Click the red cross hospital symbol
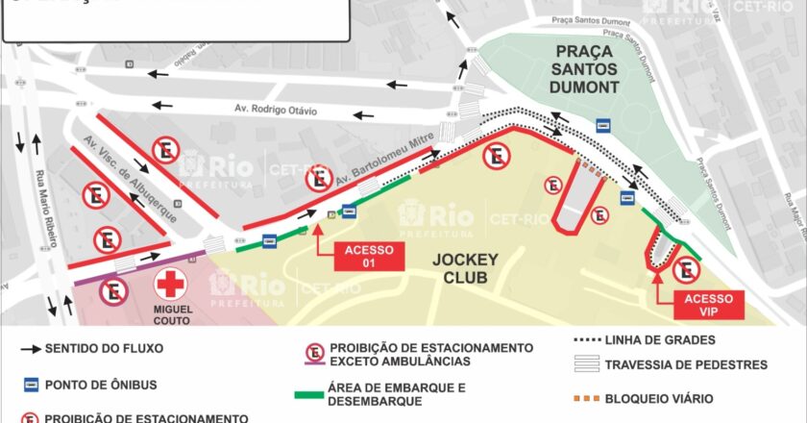point(171,284)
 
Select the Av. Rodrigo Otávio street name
point(276,111)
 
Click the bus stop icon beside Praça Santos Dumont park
point(604,124)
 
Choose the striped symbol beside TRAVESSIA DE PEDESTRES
point(585,364)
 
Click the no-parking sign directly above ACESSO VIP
point(686,271)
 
